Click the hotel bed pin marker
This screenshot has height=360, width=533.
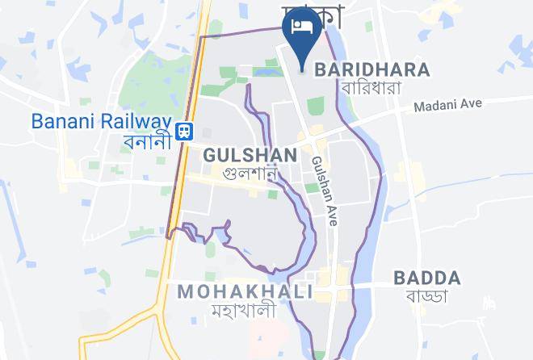[302, 36]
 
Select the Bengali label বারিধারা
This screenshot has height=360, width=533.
[371, 87]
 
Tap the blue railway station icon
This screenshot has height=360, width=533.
[185, 130]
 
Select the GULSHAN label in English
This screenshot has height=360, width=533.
[250, 154]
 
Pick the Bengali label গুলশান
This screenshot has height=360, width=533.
[250, 172]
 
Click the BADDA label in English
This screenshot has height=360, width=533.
[427, 278]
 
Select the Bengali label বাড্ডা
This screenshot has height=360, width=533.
[427, 297]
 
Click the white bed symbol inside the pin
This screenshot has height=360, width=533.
[302, 26]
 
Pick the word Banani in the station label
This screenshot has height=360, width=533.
[65, 120]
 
